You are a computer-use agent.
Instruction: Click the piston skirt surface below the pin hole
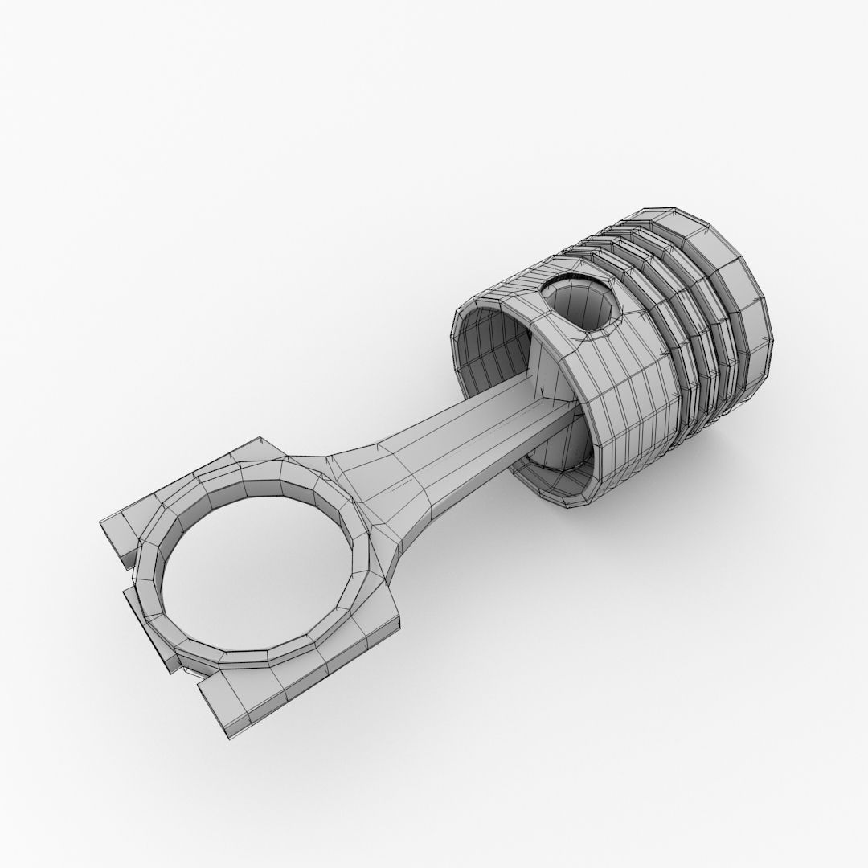point(619,402)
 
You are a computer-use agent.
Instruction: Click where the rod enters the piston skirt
point(555,410)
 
